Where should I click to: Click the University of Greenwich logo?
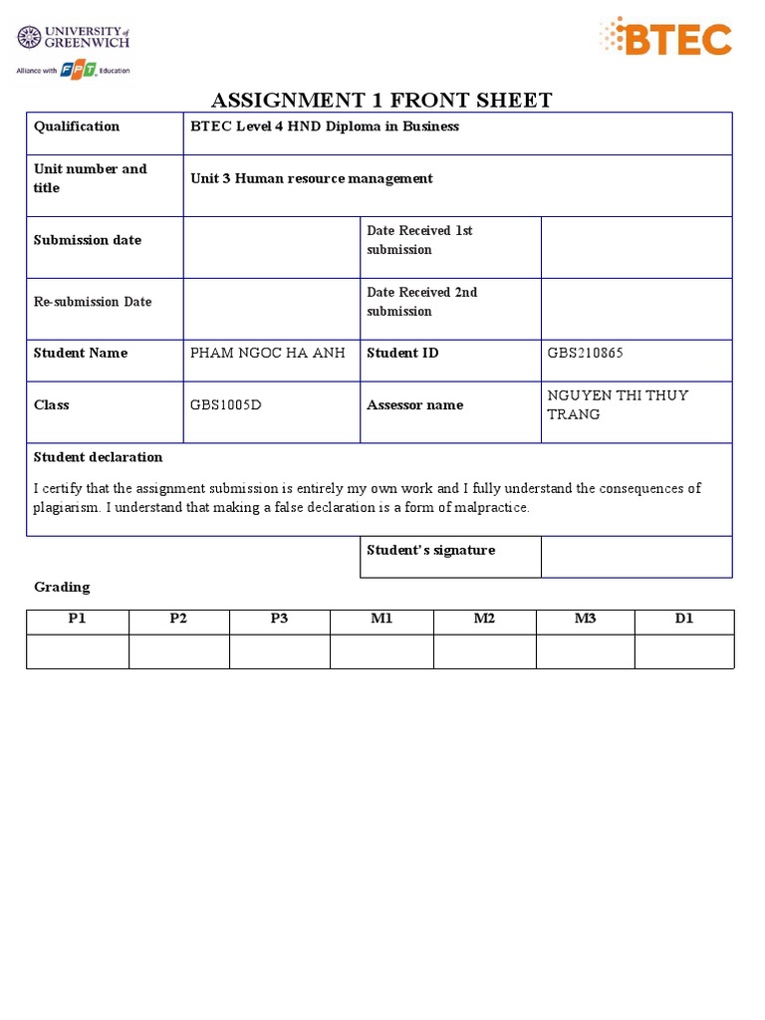[74, 39]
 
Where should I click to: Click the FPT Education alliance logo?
[73, 70]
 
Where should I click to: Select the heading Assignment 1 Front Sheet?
[381, 100]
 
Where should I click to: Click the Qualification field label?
[77, 127]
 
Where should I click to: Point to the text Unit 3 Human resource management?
[312, 178]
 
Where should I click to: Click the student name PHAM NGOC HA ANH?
[268, 353]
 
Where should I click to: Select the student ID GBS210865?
[586, 353]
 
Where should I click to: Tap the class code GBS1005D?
[226, 405]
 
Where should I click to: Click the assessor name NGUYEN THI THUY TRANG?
[618, 404]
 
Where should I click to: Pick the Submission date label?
[88, 240]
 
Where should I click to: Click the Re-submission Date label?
[93, 302]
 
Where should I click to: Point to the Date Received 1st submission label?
[419, 240]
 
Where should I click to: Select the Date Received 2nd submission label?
[421, 302]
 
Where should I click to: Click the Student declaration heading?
[98, 457]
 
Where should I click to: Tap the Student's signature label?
[430, 550]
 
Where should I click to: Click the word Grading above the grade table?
[62, 587]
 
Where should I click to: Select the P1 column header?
[78, 619]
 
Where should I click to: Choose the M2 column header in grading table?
[484, 619]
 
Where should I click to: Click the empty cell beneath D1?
[683, 651]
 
